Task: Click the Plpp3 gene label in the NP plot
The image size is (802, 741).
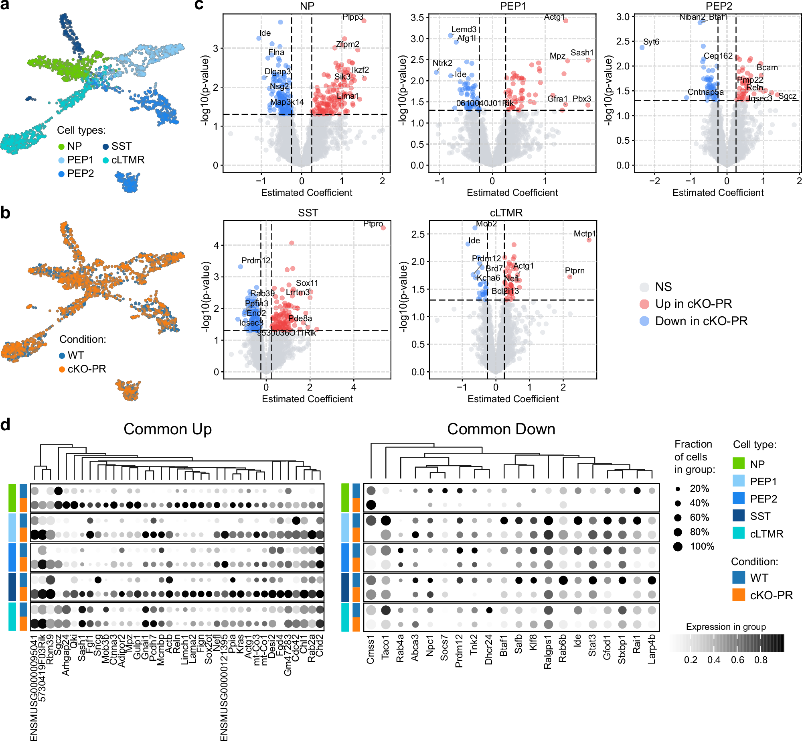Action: (352, 17)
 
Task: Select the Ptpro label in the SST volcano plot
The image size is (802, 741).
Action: (373, 224)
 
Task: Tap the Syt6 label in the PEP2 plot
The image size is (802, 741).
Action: (651, 42)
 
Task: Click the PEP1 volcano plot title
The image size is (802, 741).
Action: (512, 6)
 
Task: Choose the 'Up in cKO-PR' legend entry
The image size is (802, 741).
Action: (693, 304)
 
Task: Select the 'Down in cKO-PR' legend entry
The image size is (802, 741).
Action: (701, 321)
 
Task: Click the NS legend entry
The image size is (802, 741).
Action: (663, 287)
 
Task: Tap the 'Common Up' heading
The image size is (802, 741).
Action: (168, 429)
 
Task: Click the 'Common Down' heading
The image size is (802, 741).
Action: (501, 429)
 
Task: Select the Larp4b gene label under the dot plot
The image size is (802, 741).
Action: (652, 649)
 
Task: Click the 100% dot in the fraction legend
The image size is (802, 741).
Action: (678, 546)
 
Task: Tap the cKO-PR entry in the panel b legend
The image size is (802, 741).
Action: (86, 369)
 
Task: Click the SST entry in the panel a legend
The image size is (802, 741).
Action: (121, 146)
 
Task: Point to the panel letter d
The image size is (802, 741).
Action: (5, 425)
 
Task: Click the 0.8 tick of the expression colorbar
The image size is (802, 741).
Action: (760, 660)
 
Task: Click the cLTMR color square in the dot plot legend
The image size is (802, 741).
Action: (738, 533)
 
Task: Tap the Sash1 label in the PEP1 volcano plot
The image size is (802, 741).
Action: (581, 53)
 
